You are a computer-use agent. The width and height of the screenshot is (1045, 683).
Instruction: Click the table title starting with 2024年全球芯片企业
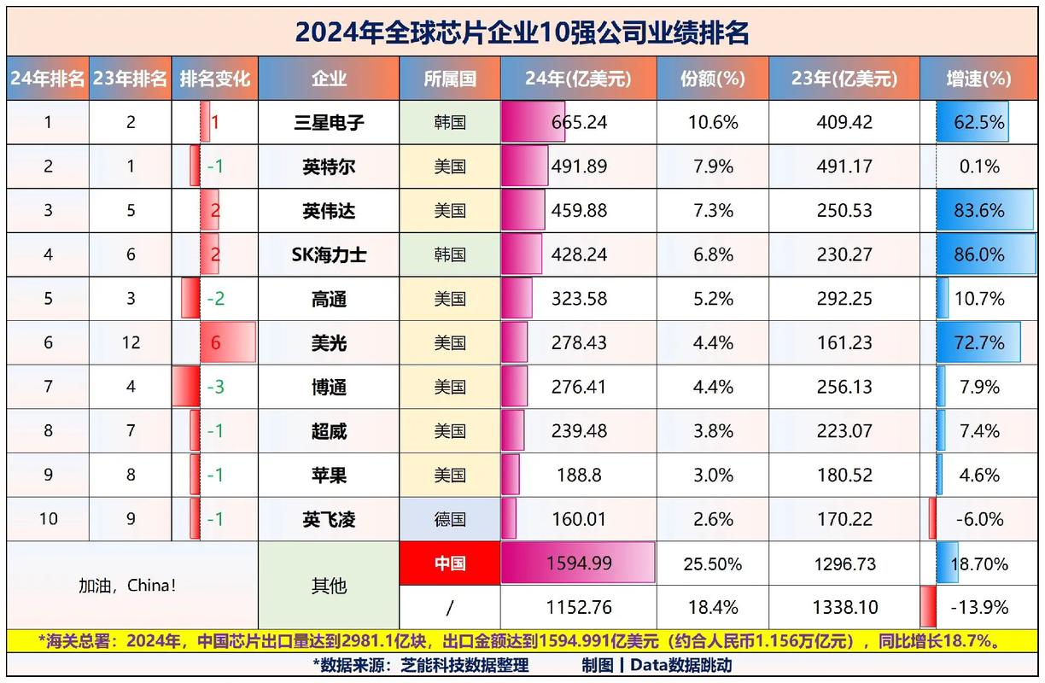tap(522, 32)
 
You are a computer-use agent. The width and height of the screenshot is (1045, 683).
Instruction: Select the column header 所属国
tap(450, 79)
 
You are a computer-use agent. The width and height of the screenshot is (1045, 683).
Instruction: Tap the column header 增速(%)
tap(978, 79)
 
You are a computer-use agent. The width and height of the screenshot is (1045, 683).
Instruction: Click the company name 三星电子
tap(329, 122)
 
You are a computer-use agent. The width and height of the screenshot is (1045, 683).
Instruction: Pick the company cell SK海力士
tap(329, 254)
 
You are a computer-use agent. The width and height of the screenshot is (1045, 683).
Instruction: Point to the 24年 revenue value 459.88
tap(579, 210)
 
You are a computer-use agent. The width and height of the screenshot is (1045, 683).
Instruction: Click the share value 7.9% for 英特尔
tap(712, 166)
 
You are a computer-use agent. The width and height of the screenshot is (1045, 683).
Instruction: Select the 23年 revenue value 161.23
tap(844, 342)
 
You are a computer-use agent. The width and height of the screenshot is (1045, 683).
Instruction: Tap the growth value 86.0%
tap(978, 254)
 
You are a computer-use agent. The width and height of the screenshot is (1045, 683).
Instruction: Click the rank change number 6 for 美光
tap(215, 342)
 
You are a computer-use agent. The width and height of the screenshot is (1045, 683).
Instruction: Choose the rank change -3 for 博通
tap(215, 387)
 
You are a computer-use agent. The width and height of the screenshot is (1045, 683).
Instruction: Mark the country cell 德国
tap(450, 519)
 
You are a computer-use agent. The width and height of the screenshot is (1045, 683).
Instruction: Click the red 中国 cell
tap(450, 564)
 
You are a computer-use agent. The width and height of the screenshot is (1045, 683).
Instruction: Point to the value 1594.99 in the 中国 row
tap(579, 564)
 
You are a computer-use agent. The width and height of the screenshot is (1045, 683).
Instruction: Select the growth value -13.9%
tap(978, 608)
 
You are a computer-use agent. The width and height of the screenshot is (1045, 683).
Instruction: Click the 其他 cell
tap(329, 586)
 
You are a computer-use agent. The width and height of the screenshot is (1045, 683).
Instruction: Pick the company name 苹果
tap(329, 475)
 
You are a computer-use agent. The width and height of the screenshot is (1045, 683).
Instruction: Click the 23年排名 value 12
tap(131, 342)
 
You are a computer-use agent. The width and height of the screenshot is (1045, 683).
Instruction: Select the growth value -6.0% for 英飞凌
tap(978, 519)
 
